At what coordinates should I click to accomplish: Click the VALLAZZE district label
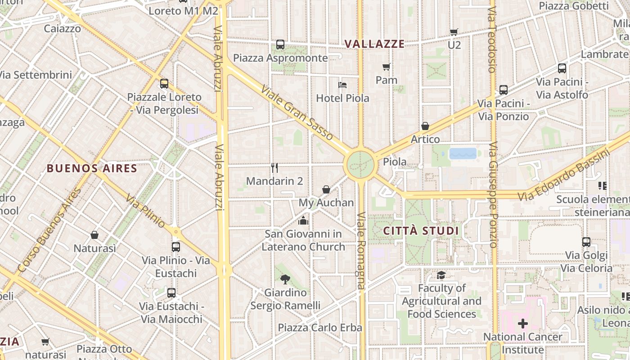[374, 44]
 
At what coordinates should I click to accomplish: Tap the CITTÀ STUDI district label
[421, 231]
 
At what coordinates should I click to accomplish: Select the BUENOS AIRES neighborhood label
[92, 168]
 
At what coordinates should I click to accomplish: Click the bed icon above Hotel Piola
[342, 85]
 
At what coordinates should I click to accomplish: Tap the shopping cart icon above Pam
[386, 67]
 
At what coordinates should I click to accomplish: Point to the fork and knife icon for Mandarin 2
[274, 168]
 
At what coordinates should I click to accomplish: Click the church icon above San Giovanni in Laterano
[303, 220]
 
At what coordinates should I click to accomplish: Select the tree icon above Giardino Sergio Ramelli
[285, 279]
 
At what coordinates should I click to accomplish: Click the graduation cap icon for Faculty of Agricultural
[441, 274]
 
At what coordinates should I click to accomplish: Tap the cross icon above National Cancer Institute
[522, 323]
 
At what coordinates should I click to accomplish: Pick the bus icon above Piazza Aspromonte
[280, 45]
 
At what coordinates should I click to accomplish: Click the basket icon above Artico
[425, 126]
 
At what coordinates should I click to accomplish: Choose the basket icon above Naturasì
[94, 235]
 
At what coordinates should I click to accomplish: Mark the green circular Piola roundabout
[360, 165]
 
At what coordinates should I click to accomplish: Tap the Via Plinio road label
[145, 211]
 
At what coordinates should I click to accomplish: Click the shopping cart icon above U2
[454, 32]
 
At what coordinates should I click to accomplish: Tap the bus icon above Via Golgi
[586, 242]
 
